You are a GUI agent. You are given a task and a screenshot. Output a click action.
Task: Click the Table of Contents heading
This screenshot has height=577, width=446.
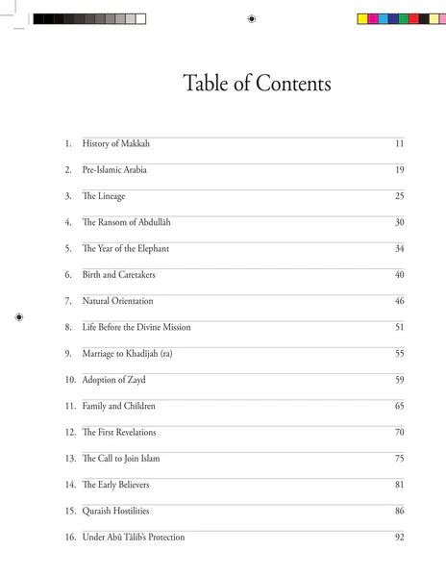tap(257, 84)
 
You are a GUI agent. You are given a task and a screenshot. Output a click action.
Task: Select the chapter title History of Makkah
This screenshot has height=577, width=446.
tap(115, 144)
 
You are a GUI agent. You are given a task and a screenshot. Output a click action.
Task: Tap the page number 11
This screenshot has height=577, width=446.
tap(399, 144)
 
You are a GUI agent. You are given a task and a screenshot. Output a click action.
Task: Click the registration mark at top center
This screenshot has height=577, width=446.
tap(251, 18)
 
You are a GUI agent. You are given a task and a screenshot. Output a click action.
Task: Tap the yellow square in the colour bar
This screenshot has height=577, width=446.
tap(363, 18)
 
